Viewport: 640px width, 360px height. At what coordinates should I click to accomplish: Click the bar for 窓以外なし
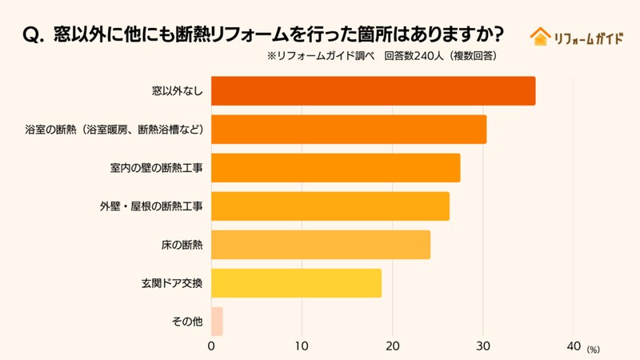(373, 91)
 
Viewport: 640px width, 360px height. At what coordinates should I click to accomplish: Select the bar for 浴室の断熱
(348, 130)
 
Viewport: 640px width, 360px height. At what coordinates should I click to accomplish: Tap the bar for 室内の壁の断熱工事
(335, 168)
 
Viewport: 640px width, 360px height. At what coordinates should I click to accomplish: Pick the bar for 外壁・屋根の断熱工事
(330, 206)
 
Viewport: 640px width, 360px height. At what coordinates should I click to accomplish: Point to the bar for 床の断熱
(320, 245)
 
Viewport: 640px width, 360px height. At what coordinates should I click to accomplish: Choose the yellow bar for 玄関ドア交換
(296, 283)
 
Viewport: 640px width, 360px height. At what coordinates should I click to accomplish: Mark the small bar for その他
(217, 322)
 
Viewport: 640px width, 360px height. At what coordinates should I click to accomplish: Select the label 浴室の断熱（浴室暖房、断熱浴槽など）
(114, 130)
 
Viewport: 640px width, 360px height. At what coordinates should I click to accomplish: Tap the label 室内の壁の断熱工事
(157, 168)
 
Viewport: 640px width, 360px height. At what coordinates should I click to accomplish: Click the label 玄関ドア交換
(171, 283)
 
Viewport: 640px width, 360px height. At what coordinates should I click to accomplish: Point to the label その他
(187, 322)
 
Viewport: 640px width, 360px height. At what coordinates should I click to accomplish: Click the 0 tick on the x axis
(211, 346)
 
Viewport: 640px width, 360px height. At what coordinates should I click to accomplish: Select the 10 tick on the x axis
(302, 346)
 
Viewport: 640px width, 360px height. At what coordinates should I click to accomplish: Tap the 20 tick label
(392, 346)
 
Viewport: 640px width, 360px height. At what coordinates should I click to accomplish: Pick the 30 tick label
(482, 346)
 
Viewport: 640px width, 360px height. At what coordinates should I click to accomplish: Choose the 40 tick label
(573, 346)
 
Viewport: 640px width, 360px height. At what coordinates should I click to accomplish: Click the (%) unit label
(593, 350)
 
